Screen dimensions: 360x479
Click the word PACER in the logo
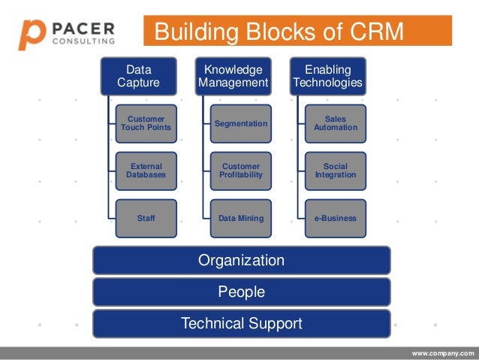[83, 29]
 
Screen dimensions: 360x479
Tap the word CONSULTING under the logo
[83, 41]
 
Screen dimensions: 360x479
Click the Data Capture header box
[138, 76]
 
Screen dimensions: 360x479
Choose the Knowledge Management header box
[232, 76]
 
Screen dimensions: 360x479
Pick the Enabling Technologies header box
[327, 76]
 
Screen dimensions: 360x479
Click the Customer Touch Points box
[146, 123]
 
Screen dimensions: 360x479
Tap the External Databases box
[146, 171]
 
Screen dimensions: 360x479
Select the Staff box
[146, 218]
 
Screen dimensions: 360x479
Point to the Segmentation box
[240, 123]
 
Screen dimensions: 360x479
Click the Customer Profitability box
[240, 171]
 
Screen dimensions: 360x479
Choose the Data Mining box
[240, 218]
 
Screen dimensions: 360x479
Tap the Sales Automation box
[335, 123]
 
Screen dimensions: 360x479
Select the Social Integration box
[335, 171]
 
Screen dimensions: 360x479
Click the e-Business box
[335, 218]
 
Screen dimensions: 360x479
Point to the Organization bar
[241, 261]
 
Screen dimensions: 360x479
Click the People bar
[241, 292]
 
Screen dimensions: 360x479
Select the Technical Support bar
[241, 324]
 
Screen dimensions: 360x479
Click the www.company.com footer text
[443, 352]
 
